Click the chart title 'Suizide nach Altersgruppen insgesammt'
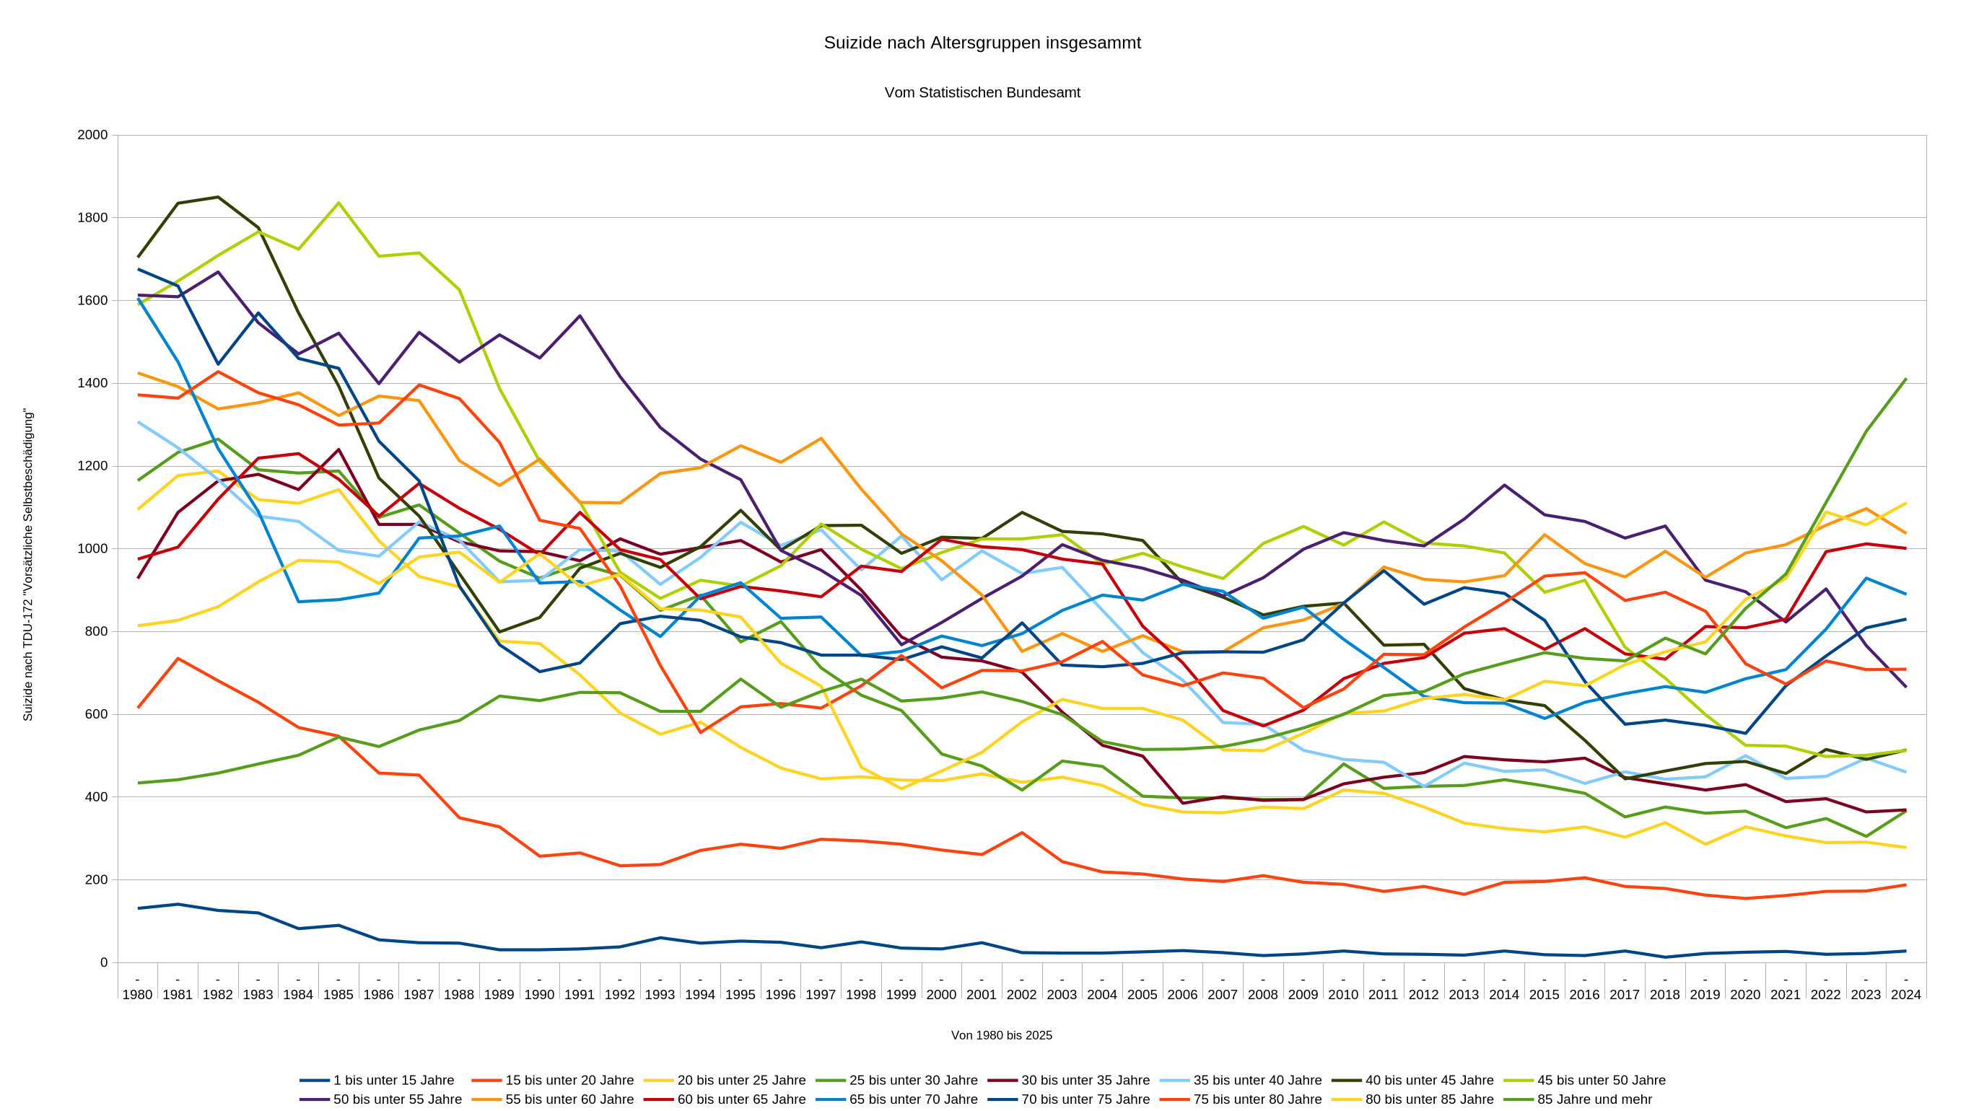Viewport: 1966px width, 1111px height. click(982, 43)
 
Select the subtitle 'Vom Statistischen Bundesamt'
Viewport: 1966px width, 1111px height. click(982, 92)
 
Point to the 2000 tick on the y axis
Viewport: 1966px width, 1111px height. click(92, 135)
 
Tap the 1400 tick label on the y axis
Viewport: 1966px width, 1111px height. click(92, 383)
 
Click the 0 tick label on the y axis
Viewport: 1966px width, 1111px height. click(104, 962)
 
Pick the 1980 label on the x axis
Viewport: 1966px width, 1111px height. click(137, 994)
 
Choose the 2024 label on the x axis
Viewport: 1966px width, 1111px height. click(1905, 994)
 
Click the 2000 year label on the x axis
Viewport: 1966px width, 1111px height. click(941, 994)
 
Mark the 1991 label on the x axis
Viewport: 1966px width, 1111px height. click(580, 994)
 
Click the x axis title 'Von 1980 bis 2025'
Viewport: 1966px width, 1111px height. click(1001, 1035)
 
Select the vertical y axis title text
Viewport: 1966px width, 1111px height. click(28, 565)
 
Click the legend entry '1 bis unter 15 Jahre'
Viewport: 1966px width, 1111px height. click(393, 1080)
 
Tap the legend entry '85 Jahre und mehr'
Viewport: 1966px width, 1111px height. click(1594, 1099)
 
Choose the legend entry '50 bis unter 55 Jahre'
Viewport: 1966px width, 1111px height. click(397, 1099)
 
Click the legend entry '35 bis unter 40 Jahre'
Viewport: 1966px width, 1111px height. click(1257, 1080)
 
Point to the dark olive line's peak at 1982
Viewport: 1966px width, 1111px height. click(218, 197)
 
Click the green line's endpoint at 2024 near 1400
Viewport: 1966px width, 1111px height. click(1905, 379)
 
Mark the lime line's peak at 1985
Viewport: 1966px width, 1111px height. click(338, 203)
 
